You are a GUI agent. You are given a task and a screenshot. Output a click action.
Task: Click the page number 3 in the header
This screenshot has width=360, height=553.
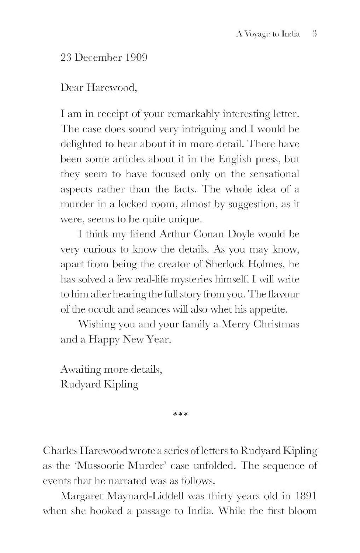pos(314,34)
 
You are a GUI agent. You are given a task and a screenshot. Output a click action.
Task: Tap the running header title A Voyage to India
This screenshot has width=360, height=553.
pos(268,34)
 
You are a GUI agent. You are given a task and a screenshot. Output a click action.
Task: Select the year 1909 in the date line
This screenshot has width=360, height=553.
pos(136,58)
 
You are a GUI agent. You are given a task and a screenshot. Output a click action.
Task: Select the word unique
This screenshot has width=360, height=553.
pos(187,220)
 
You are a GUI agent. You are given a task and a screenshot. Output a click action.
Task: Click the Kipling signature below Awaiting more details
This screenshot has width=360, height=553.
pos(120,385)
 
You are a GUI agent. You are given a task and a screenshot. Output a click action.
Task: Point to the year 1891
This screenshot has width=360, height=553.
pos(306,496)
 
